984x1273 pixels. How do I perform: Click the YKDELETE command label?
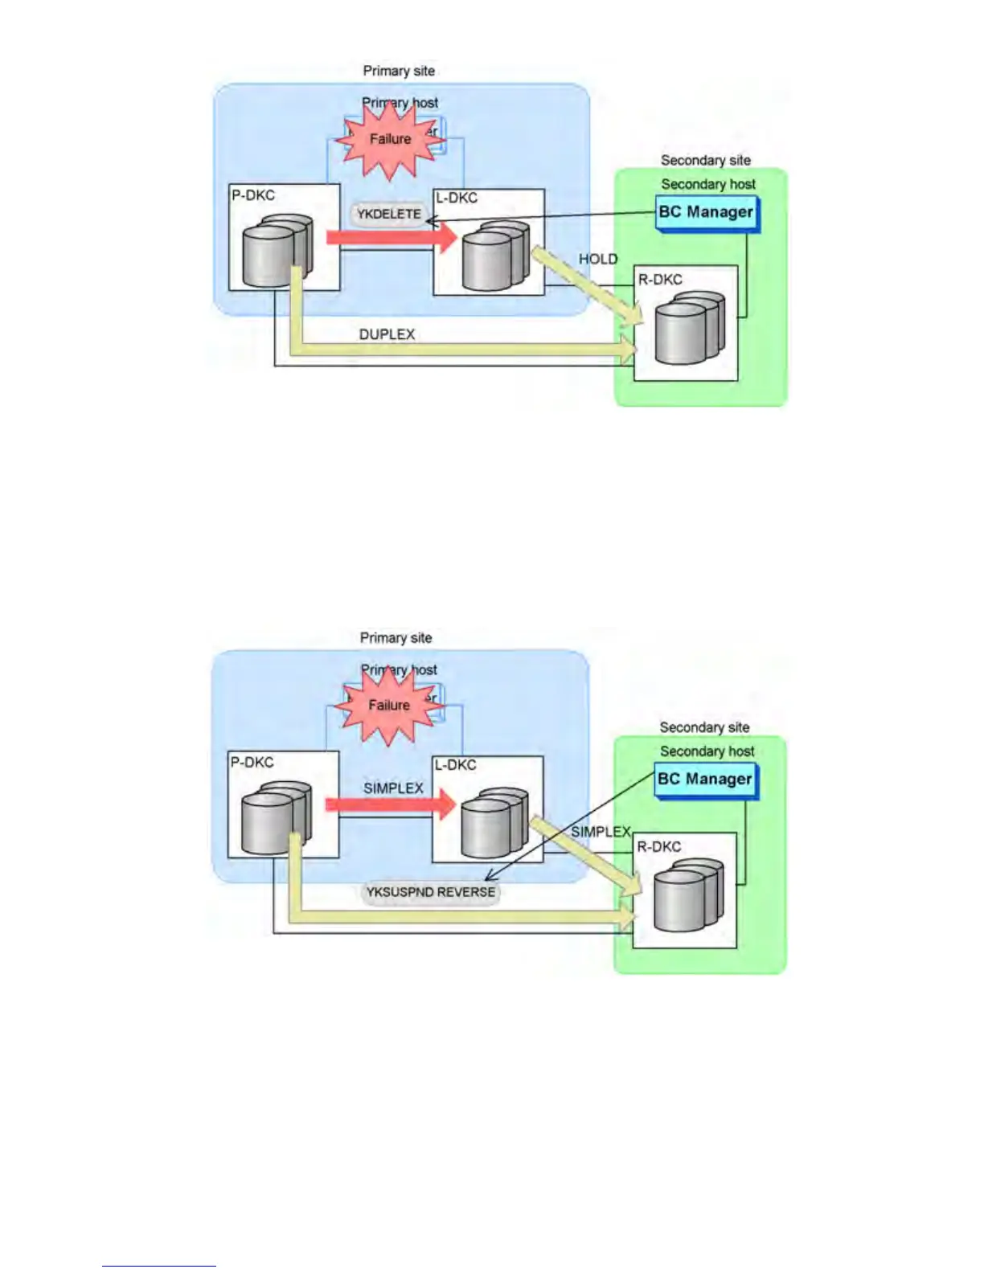click(x=389, y=215)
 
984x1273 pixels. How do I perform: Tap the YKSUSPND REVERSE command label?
click(x=431, y=892)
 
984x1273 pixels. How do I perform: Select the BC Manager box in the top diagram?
click(x=706, y=213)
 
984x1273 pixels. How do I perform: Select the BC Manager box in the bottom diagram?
click(x=705, y=780)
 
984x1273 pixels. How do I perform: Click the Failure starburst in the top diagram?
click(x=390, y=140)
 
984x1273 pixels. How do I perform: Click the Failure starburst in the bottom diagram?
click(x=389, y=706)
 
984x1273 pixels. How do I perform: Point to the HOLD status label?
click(x=598, y=259)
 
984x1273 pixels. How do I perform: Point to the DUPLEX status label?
click(x=387, y=334)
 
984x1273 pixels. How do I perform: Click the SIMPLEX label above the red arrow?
click(x=393, y=788)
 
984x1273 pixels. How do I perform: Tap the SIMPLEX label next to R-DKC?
click(x=601, y=832)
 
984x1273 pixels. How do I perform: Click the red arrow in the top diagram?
click(x=391, y=237)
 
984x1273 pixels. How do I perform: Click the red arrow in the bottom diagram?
click(x=390, y=804)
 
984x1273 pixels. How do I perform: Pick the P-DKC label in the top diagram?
click(x=253, y=195)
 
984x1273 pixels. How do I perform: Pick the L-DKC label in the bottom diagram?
click(x=456, y=765)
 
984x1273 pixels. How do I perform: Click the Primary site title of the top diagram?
click(x=399, y=71)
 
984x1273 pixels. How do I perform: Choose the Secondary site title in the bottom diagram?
click(x=704, y=727)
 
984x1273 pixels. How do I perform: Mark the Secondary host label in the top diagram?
click(x=708, y=184)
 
